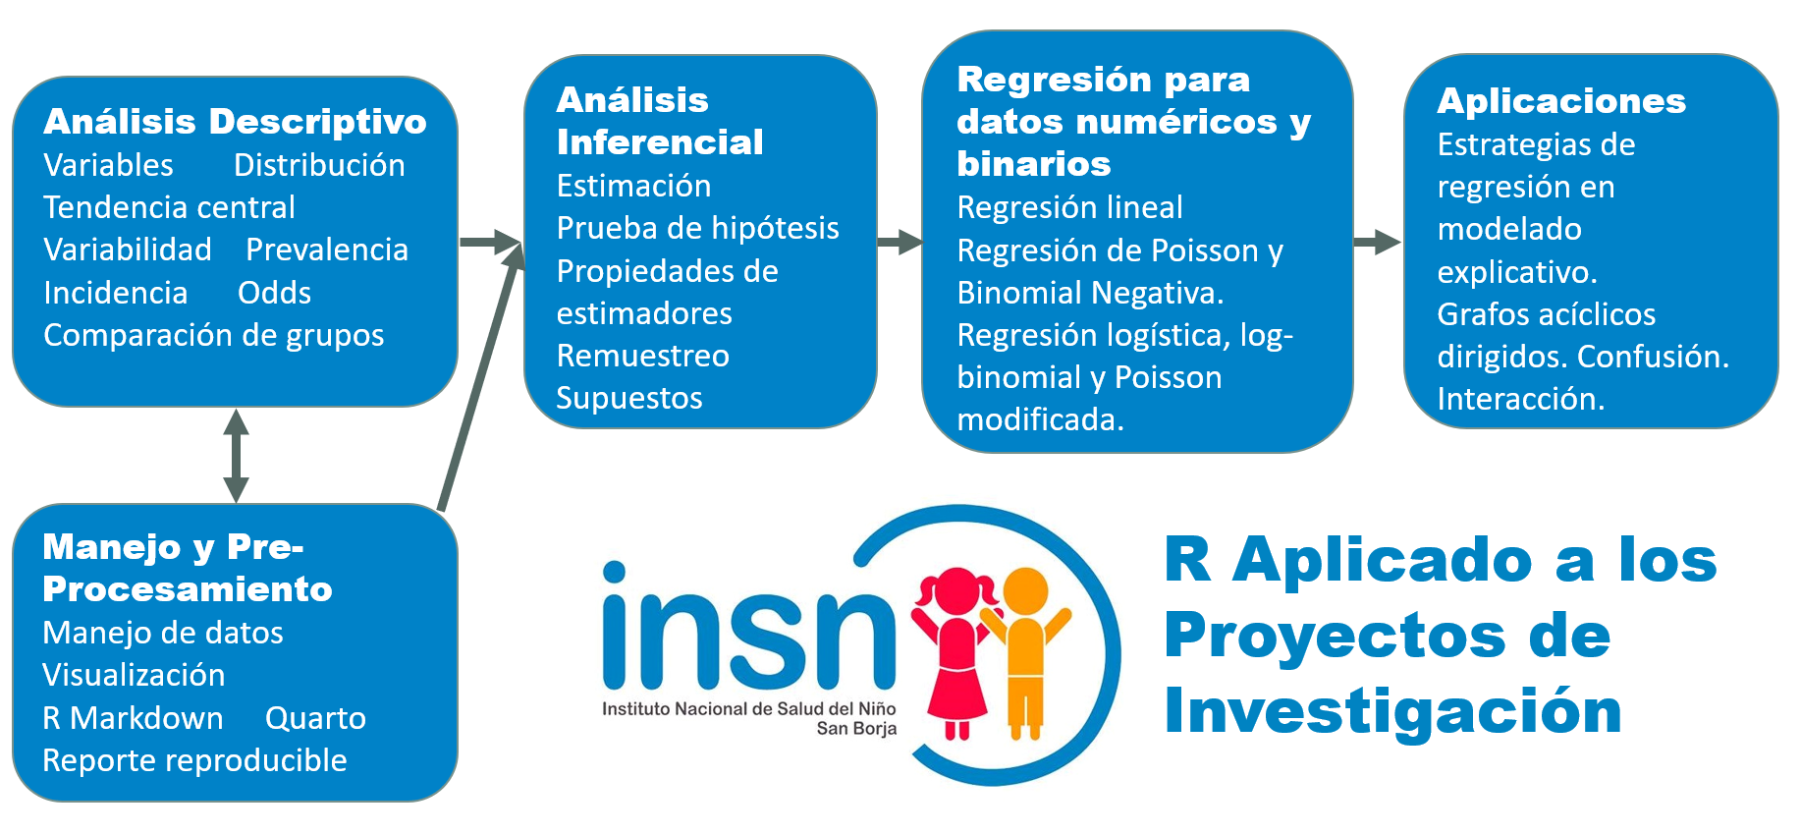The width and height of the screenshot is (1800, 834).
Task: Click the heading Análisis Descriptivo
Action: click(236, 122)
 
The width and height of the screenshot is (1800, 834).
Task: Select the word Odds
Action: click(274, 293)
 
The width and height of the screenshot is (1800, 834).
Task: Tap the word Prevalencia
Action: click(327, 250)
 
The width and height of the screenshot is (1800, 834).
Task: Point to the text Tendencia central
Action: click(169, 207)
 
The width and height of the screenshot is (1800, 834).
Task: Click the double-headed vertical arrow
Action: click(236, 456)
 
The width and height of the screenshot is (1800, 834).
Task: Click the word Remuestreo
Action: click(643, 356)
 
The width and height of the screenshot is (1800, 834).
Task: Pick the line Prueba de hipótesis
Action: click(698, 229)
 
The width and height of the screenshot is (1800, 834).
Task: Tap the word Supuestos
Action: click(629, 399)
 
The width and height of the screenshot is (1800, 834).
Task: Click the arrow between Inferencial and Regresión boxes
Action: click(900, 243)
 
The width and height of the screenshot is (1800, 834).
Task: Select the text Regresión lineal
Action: click(1070, 207)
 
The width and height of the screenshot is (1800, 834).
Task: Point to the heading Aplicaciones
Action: click(1561, 101)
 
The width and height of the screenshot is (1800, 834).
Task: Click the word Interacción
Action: click(1521, 399)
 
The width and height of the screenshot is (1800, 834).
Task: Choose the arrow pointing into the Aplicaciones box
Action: click(1377, 242)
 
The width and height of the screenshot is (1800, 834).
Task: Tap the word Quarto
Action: click(315, 719)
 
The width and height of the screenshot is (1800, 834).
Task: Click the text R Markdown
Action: click(133, 718)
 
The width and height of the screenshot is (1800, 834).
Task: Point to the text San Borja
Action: click(856, 729)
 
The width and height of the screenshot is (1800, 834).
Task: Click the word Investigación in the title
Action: click(1392, 711)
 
